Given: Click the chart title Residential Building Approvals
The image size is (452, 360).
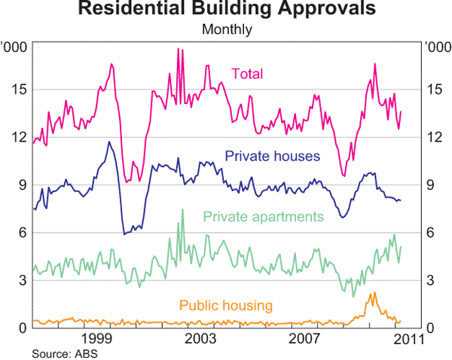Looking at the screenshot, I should click(225, 10).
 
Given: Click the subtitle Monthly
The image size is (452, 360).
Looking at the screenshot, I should click(225, 30).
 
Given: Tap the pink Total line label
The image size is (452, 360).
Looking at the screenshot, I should click(247, 73).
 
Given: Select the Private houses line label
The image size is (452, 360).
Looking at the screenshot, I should click(273, 156).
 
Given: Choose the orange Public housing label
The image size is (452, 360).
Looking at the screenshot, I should click(225, 305).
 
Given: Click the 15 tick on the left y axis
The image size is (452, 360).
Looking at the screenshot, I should click(19, 90).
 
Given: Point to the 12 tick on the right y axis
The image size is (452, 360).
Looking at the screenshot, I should click(433, 137).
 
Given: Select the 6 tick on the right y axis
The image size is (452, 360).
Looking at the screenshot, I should click(430, 233).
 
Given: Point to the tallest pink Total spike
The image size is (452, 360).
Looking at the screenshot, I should click(178, 49).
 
